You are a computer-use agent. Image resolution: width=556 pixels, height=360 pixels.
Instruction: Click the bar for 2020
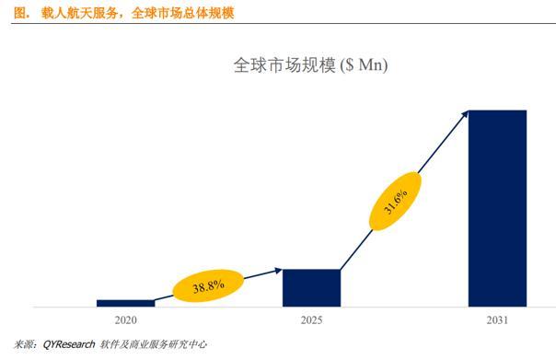click(125, 302)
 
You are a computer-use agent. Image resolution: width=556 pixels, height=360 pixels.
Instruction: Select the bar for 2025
click(311, 287)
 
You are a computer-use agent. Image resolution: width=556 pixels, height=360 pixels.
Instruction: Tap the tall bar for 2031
click(497, 208)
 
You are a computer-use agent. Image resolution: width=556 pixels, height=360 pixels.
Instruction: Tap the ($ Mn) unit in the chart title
click(364, 66)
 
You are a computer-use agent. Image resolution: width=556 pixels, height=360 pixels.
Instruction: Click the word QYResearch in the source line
click(69, 344)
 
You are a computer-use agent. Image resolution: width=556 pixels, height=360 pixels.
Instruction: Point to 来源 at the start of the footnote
click(19, 344)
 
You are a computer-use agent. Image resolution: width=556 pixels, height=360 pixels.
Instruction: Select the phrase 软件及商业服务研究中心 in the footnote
click(153, 344)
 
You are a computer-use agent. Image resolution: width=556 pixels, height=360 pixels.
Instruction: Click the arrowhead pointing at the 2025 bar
click(279, 270)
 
